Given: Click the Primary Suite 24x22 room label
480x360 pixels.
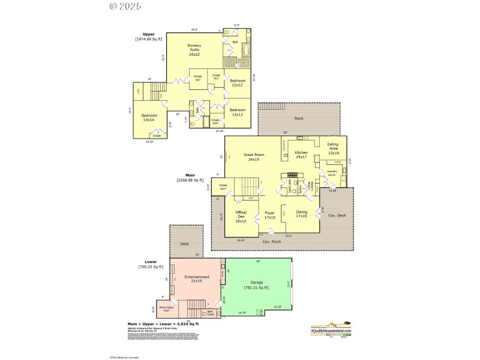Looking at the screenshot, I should (194, 50).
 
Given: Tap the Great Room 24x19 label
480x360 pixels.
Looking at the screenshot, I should (254, 157).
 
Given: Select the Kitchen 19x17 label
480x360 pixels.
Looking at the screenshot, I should (301, 155).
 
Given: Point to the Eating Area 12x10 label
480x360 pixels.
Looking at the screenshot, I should (334, 148).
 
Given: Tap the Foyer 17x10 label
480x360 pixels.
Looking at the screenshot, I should (269, 215).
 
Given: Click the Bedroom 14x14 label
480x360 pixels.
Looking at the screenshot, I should (149, 118).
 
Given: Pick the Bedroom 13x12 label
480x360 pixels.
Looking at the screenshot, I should (238, 112).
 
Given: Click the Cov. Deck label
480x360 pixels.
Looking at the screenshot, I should (337, 215).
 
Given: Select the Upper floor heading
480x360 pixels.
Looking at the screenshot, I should (148, 35).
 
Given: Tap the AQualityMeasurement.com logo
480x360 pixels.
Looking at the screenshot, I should (331, 329).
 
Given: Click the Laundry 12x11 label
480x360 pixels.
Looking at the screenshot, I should (332, 173).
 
